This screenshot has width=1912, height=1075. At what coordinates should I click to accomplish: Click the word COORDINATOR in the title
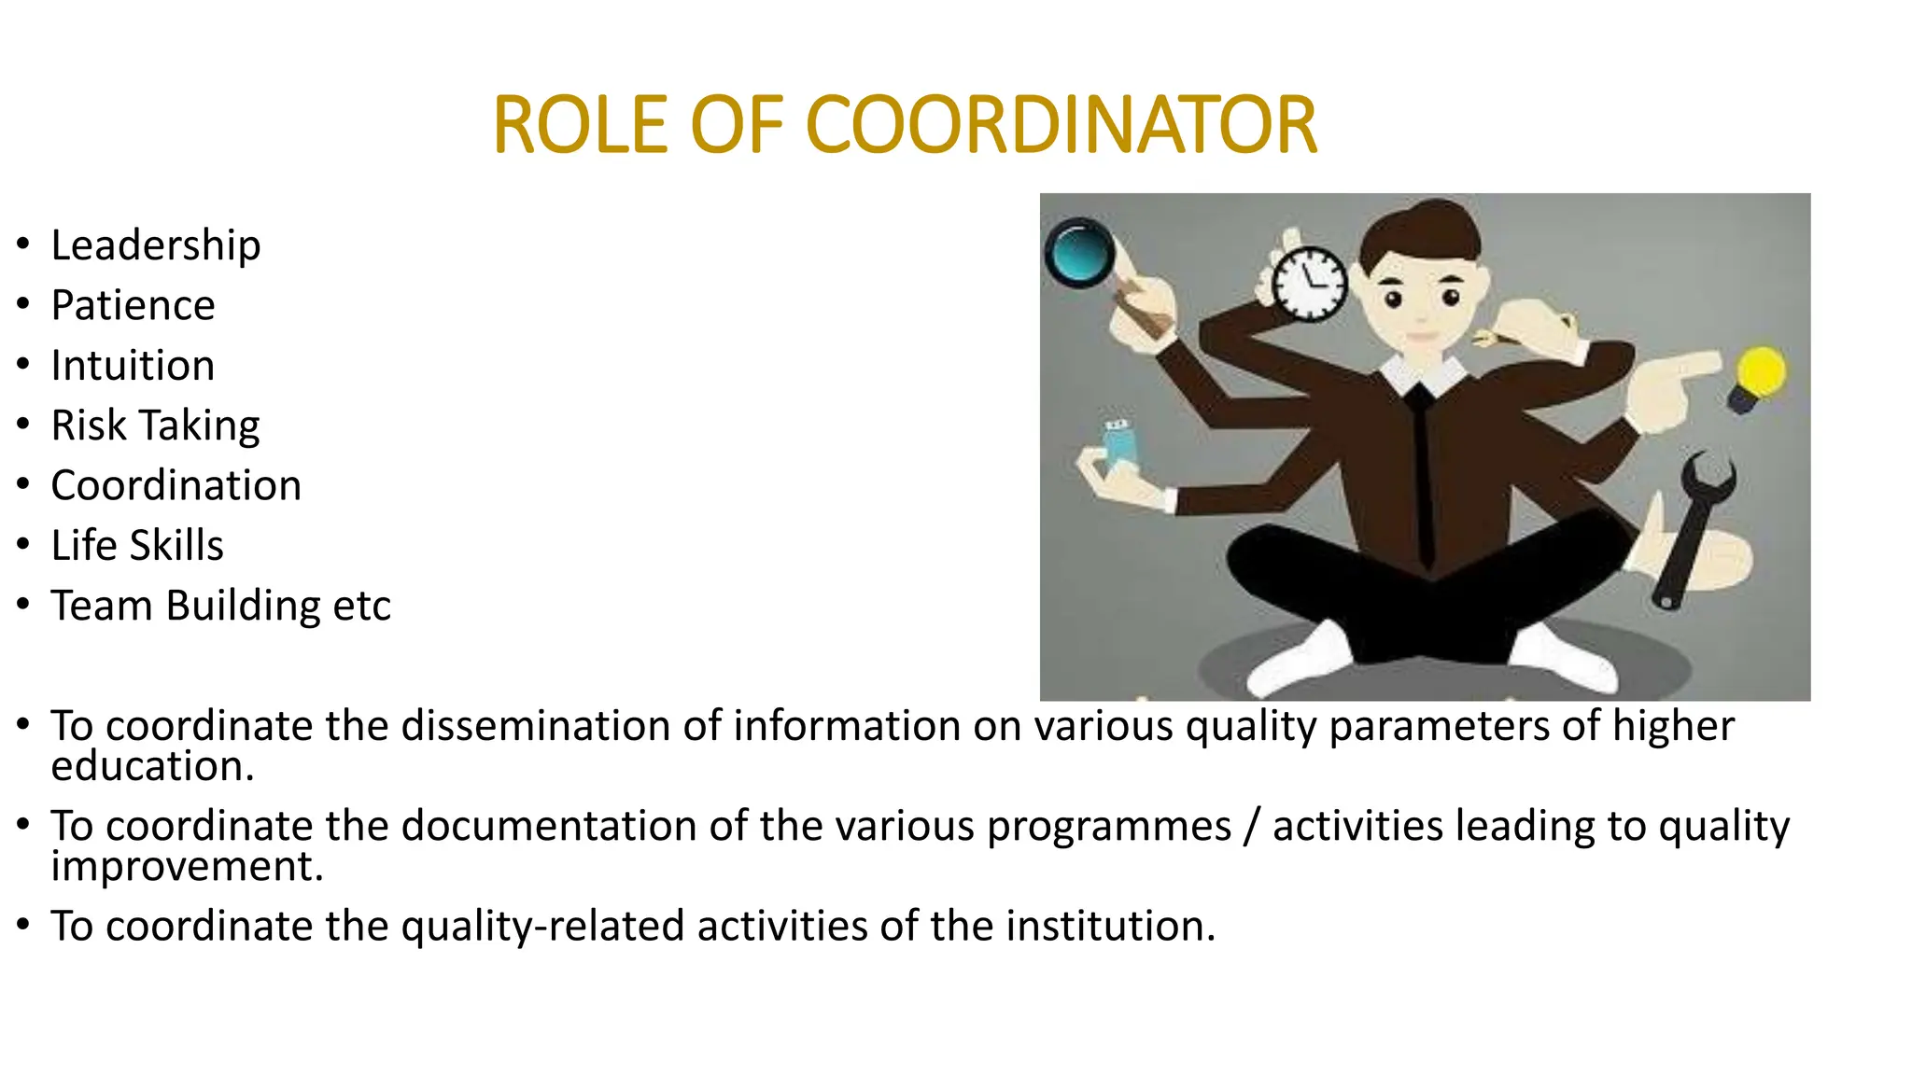click(x=1061, y=125)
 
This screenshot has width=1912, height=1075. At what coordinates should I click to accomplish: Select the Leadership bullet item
click(x=155, y=246)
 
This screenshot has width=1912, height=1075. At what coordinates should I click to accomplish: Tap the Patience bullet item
click(x=133, y=306)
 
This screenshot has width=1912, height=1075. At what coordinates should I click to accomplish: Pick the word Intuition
click(x=133, y=366)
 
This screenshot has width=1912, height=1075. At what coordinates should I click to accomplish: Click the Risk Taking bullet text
click(x=155, y=426)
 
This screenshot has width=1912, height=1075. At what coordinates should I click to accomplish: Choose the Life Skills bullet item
click(x=137, y=546)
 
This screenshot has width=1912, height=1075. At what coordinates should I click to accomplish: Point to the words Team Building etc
click(x=220, y=607)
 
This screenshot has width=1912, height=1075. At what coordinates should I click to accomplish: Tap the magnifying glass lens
click(x=1078, y=252)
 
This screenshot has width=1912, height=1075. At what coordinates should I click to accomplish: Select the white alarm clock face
click(x=1310, y=284)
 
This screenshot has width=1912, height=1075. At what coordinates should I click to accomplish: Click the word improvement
click(x=187, y=867)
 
